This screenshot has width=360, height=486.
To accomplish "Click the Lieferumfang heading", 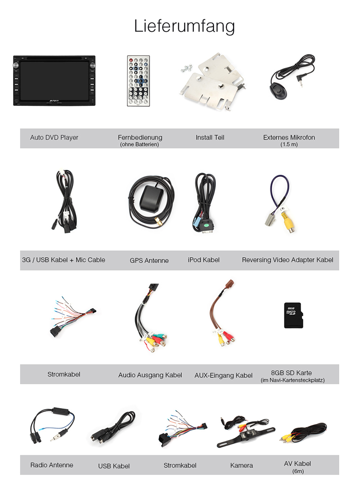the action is pyautogui.click(x=184, y=26).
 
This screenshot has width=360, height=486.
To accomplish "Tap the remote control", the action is pyautogui.click(x=139, y=81).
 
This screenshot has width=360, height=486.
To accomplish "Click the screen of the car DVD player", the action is pyautogui.click(x=54, y=81).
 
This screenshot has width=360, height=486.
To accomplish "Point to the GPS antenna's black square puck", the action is pyautogui.click(x=152, y=197).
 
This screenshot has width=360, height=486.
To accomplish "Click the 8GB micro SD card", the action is pyautogui.click(x=293, y=315).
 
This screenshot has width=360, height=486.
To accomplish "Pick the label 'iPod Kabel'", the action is pyautogui.click(x=204, y=260).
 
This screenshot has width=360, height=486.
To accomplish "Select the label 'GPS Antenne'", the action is pyautogui.click(x=149, y=260).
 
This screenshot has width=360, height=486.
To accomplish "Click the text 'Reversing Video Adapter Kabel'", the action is pyautogui.click(x=288, y=260).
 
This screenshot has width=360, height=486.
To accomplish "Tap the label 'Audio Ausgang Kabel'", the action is pyautogui.click(x=150, y=375).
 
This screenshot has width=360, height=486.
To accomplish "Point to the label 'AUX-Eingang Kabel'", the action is pyautogui.click(x=224, y=375).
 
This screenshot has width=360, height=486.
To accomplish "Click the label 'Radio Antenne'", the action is pyautogui.click(x=52, y=465).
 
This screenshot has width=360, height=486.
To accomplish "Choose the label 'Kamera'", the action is pyautogui.click(x=242, y=465).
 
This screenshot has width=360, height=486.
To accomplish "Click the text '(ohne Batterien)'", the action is pyautogui.click(x=139, y=145).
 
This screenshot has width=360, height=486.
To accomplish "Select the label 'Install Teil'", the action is pyautogui.click(x=210, y=137).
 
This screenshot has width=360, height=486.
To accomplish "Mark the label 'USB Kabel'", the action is pyautogui.click(x=114, y=466).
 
